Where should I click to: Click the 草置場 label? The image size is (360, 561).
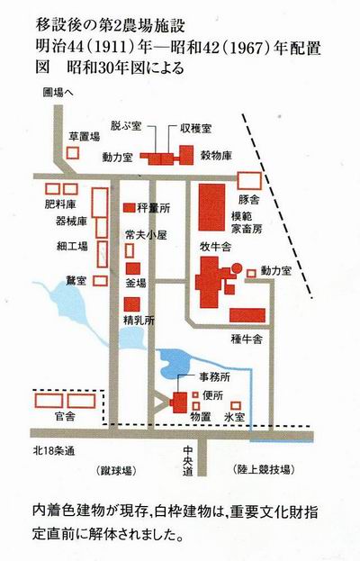coord(85,136)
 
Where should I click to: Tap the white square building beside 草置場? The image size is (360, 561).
coord(73,153)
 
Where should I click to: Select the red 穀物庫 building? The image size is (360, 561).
coord(186,155)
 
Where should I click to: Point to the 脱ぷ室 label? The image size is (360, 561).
coord(126,126)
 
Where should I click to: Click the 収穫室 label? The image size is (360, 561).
coord(195,129)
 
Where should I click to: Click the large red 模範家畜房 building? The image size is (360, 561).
coord(212,207)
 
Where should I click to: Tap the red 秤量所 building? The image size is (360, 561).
coord(129,207)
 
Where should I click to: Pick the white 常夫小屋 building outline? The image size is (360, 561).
coord(130,250)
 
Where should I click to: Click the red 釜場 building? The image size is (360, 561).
coord(132,268)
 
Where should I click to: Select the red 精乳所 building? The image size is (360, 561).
coord(131,304)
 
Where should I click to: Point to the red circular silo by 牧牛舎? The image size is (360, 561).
coord(237,268)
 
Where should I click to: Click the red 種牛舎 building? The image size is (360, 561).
coord(247,315)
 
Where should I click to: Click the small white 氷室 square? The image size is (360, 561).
coord(236,405)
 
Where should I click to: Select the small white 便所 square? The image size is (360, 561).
coord(195,394)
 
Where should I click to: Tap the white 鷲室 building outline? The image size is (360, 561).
coord(100,281)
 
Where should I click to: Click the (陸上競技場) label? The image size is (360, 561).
coord(264,469)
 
